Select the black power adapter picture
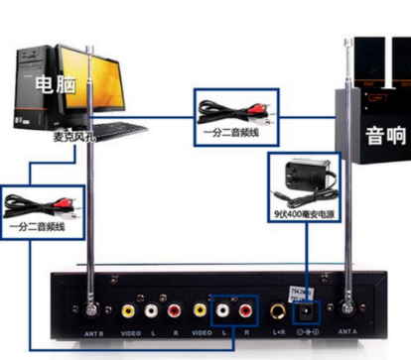pyautogui.click(x=301, y=179)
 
